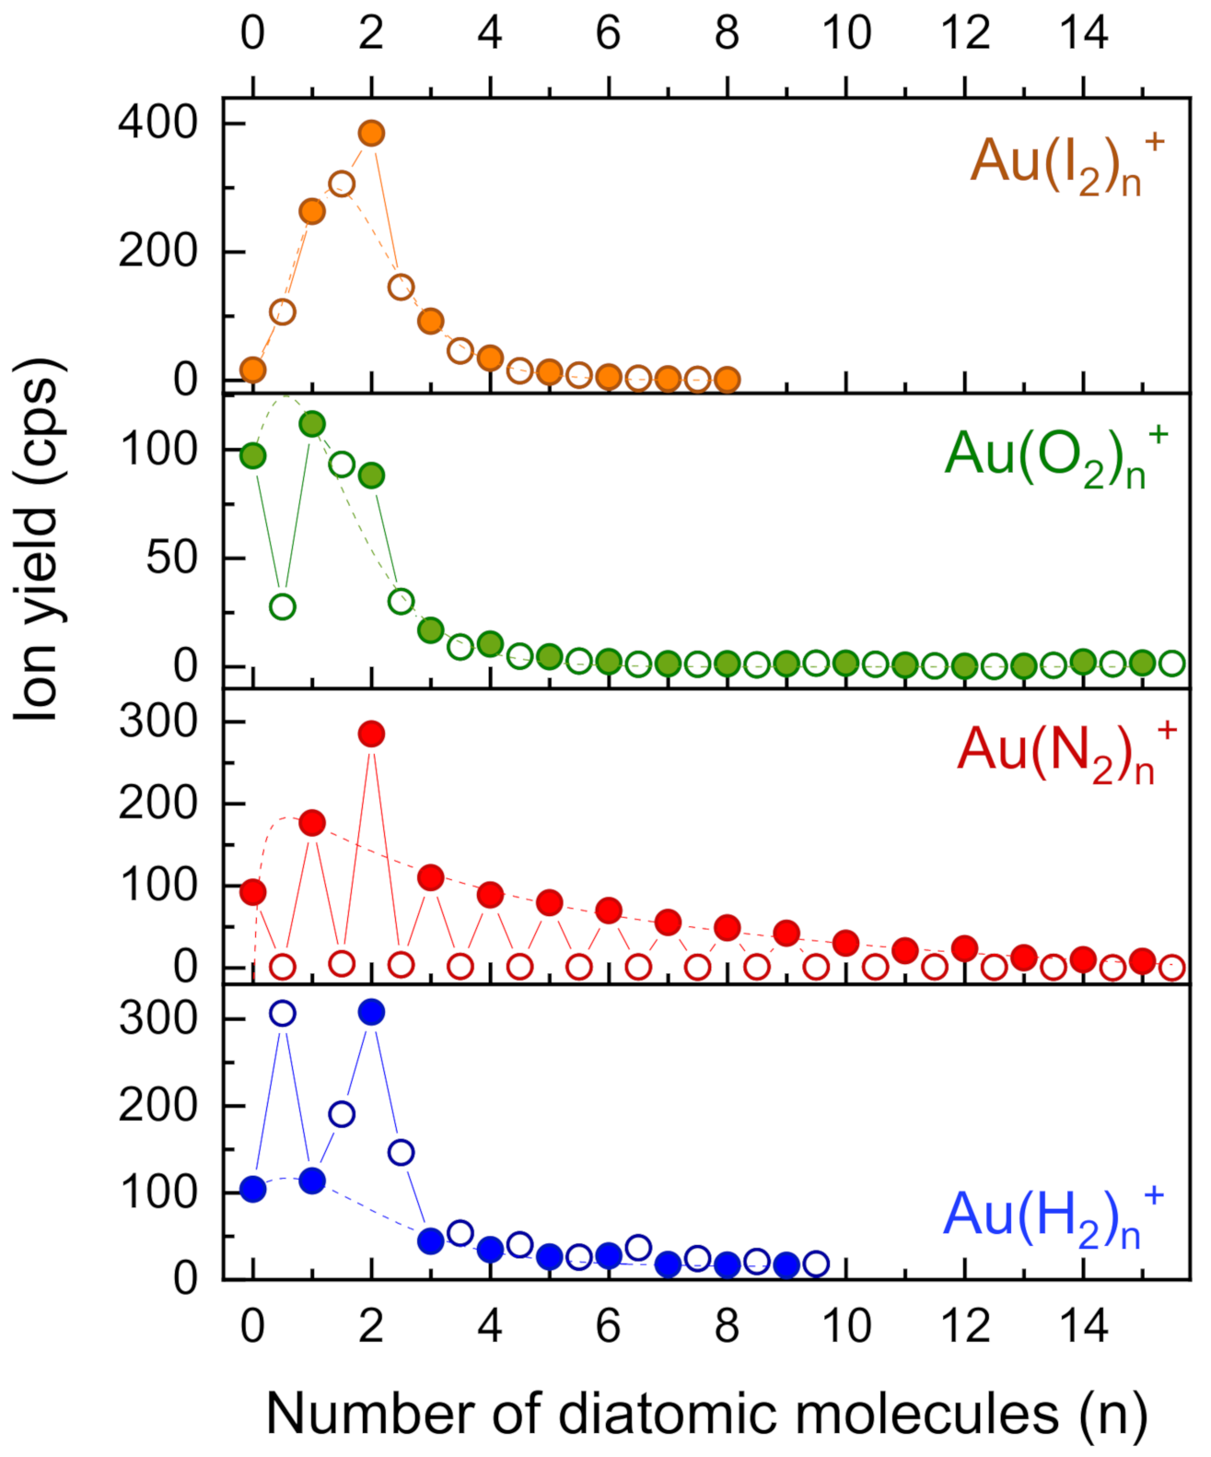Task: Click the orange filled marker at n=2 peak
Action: click(x=371, y=134)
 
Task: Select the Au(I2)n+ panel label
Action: click(x=1066, y=163)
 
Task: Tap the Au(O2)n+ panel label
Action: click(x=1054, y=456)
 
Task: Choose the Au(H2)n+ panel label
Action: click(x=1053, y=1216)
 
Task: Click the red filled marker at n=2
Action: click(x=371, y=734)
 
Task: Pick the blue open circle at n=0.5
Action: click(x=283, y=1014)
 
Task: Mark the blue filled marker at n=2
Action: click(x=371, y=1012)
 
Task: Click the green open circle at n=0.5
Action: click(x=283, y=606)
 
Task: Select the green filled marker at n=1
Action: click(x=312, y=424)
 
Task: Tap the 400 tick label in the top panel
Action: click(x=157, y=123)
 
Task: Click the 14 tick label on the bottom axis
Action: click(x=1083, y=1327)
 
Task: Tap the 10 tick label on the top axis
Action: click(x=845, y=34)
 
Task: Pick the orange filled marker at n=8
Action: click(x=727, y=380)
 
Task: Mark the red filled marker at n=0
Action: click(x=253, y=892)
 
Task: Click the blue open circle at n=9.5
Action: click(x=816, y=1263)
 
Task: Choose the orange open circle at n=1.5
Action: click(x=342, y=184)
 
